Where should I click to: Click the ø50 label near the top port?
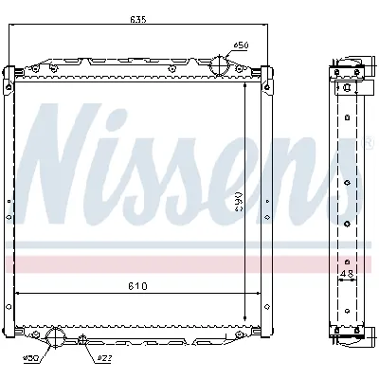[x=241, y=45]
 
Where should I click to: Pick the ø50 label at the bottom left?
[x=30, y=358]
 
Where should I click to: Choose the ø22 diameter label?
[x=103, y=358]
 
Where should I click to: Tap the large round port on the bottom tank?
[x=57, y=337]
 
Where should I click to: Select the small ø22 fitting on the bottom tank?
[x=82, y=339]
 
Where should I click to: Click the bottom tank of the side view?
[x=347, y=332]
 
